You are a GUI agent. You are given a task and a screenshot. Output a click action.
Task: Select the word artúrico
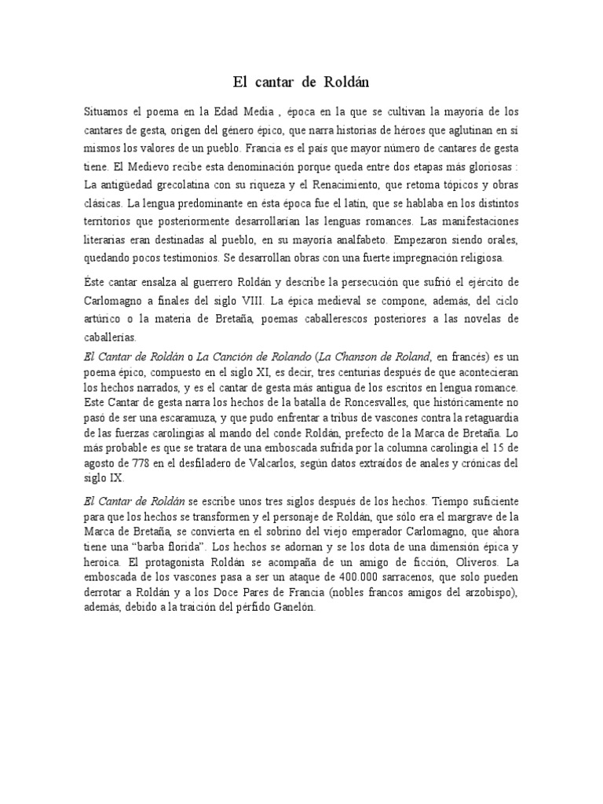(x=104, y=320)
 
